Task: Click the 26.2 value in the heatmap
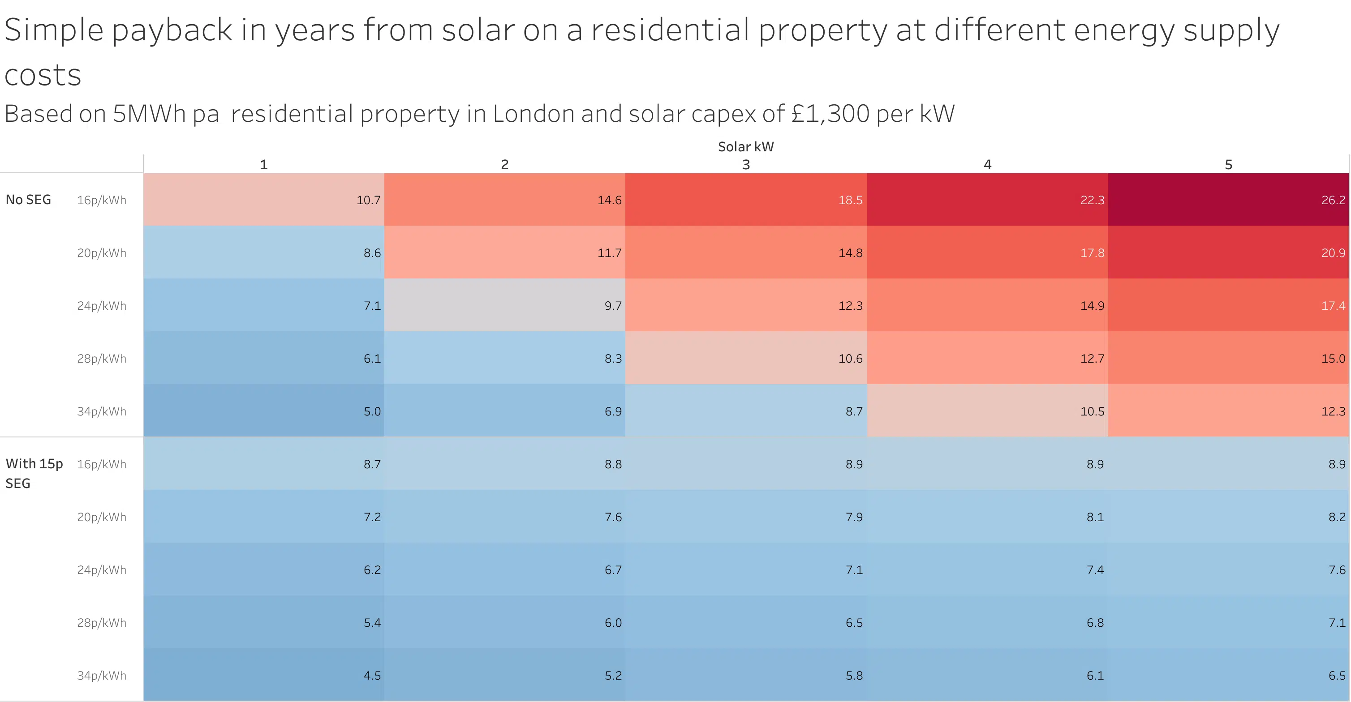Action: click(1333, 200)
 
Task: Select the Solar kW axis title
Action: click(745, 147)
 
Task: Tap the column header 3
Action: click(746, 165)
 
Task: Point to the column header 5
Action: click(1228, 165)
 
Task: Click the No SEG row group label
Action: click(28, 200)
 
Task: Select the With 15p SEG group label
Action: click(34, 473)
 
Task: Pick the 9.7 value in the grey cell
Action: click(613, 306)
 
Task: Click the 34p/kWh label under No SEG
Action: click(102, 411)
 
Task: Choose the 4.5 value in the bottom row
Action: click(372, 675)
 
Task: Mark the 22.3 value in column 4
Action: click(1092, 200)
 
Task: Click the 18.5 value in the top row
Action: click(850, 200)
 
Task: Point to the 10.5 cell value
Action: click(1092, 411)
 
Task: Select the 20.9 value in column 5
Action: click(1333, 253)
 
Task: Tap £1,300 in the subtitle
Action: click(830, 113)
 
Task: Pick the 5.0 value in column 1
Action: click(372, 411)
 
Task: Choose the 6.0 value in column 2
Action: click(613, 622)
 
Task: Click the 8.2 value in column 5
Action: click(1336, 517)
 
